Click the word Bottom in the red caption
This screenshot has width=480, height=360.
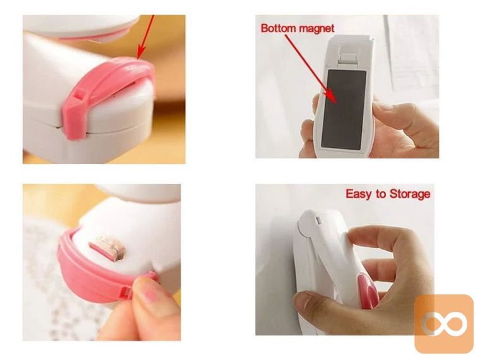279,28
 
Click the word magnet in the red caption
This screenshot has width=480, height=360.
316,28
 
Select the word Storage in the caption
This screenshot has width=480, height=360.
410,194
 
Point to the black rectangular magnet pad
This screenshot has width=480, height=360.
344,110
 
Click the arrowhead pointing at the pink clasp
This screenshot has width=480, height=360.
141,52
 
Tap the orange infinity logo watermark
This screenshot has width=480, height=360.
443,323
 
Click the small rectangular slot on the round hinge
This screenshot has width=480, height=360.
318,220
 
